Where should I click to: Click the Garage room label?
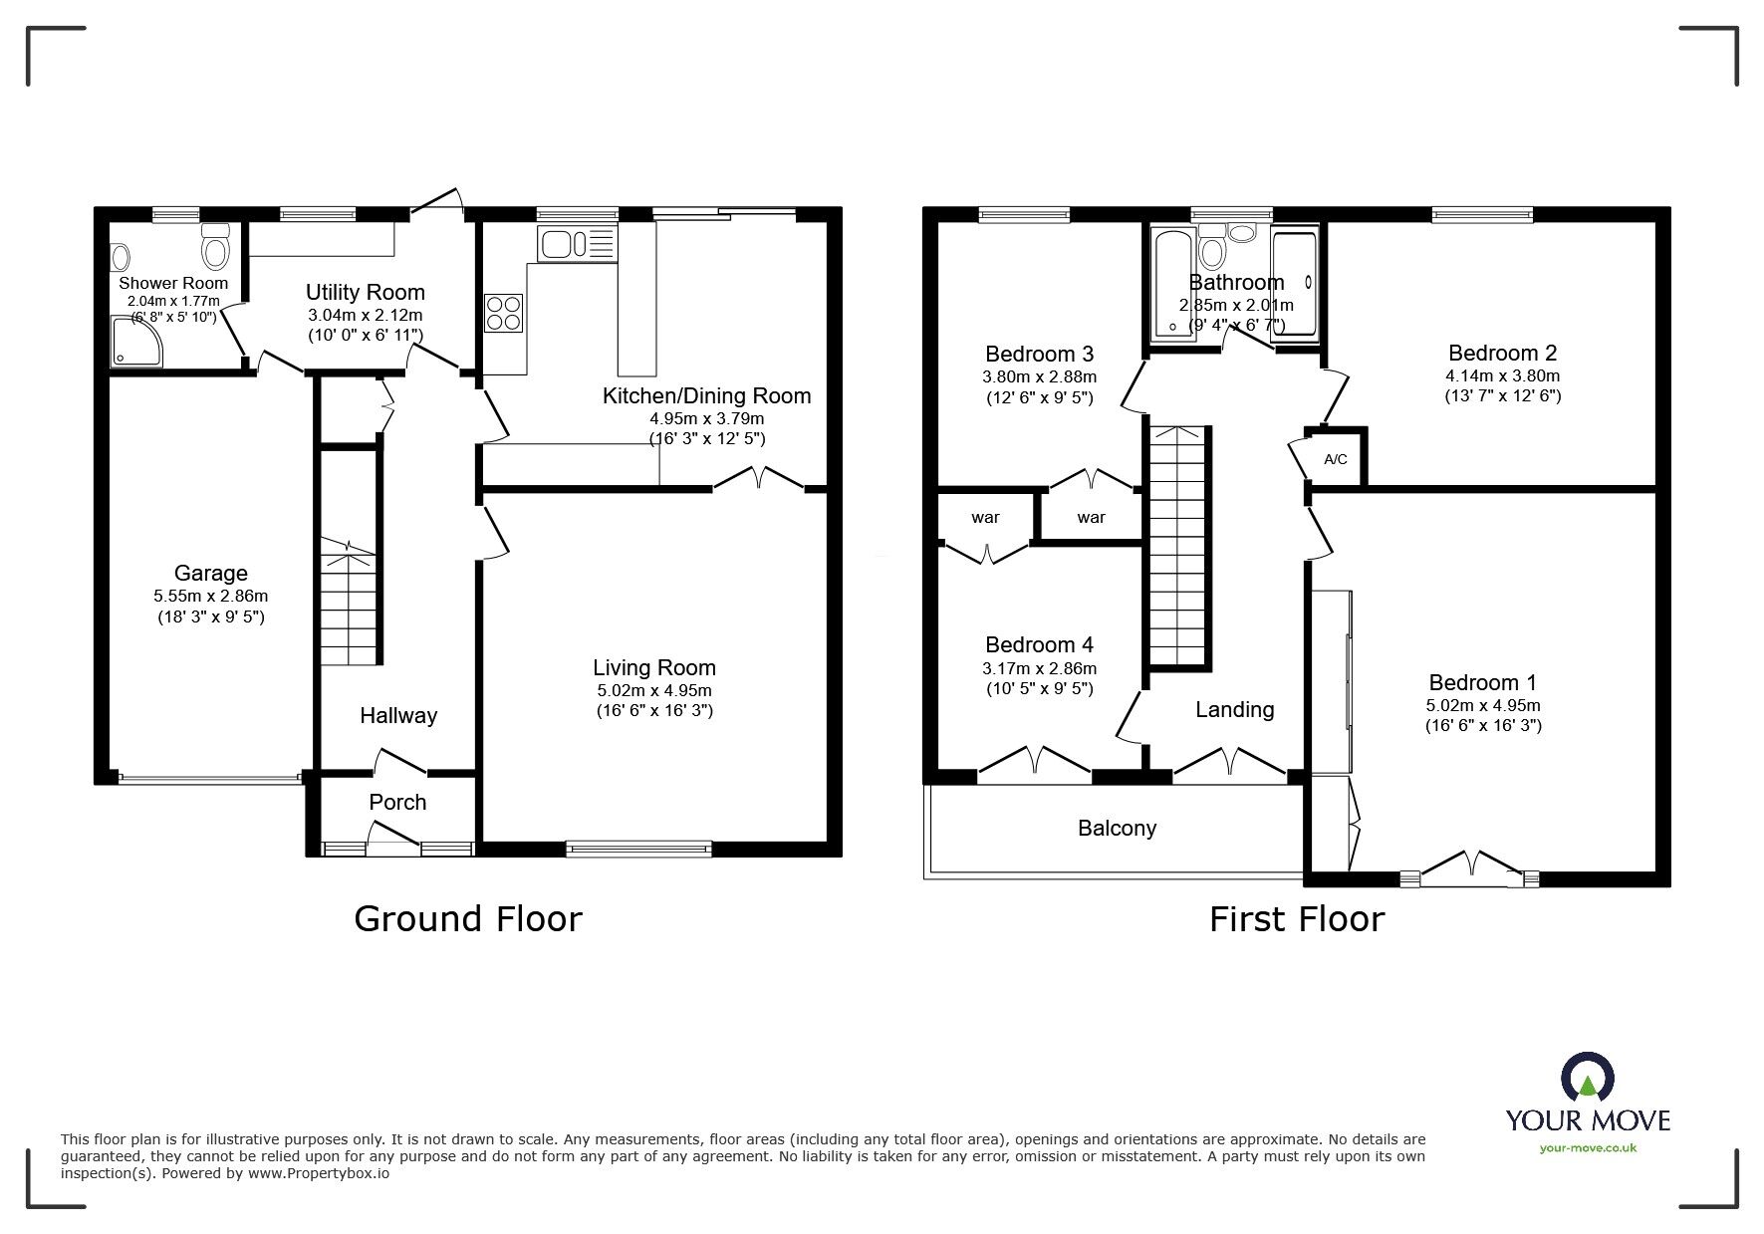coord(210,573)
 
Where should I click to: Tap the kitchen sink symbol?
coord(564,243)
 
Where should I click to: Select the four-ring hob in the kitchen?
coord(504,312)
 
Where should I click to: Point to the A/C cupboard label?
coord(1335,459)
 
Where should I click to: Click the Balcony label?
coord(1117,828)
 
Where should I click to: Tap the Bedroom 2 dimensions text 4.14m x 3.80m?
coord(1502,376)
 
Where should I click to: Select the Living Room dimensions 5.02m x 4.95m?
coord(653,690)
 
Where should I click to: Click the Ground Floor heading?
coord(467,918)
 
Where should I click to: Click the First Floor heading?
coord(1296,918)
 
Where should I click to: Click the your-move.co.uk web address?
coord(1588,1147)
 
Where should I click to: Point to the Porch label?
coord(397,802)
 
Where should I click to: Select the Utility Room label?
coord(365,292)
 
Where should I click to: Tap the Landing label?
coord(1234,709)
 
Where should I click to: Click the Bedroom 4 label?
coord(1039,644)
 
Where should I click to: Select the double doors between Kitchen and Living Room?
coord(759,480)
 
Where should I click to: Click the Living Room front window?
coord(639,849)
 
